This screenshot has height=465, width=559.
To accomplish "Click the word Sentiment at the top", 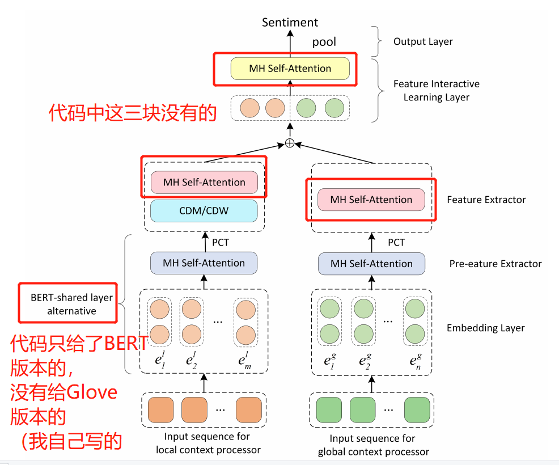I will point(290,22).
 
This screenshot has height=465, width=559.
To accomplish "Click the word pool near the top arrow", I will point(324,41).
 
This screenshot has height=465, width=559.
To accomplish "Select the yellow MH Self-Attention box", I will point(290,69).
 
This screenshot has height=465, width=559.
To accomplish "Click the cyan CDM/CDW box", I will point(204,211).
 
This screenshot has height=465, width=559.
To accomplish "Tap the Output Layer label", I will point(423,41).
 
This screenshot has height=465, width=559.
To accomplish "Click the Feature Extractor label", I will point(486,200).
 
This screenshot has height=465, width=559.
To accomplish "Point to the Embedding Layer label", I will point(485,328).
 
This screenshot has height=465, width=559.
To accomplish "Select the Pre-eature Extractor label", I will point(495,264).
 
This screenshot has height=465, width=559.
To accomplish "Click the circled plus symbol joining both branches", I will point(290,143).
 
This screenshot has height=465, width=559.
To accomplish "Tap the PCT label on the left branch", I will point(221,242).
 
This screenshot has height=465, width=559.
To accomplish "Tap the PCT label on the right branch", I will point(396,242).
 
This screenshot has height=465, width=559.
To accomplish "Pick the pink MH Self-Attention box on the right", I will point(371,200).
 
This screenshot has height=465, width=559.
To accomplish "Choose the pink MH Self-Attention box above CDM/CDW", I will point(204,183).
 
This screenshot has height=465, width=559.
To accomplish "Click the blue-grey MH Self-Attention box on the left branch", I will point(204,263).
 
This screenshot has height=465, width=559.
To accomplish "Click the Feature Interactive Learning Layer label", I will point(436,91).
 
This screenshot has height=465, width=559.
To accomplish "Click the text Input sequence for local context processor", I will point(208,443).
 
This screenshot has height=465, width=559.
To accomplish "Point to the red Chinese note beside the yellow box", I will point(133,113).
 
